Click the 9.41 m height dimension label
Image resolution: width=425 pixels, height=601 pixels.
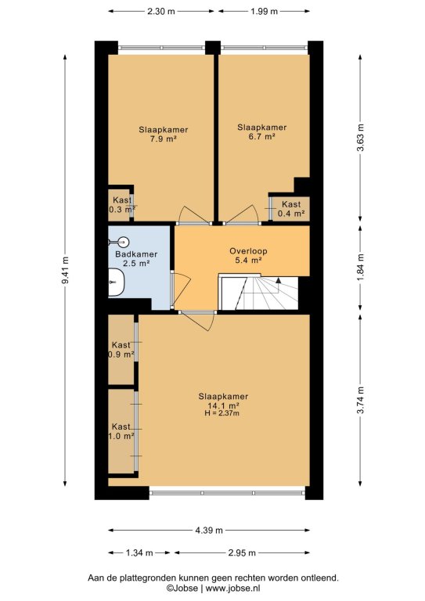click(x=66, y=271)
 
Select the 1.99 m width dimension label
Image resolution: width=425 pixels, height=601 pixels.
click(x=264, y=11)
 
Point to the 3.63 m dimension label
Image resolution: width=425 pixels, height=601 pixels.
click(x=361, y=138)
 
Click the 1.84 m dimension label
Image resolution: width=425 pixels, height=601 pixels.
click(x=361, y=267)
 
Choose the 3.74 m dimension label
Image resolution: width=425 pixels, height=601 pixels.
click(x=361, y=400)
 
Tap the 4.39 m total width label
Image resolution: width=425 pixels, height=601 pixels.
click(x=209, y=531)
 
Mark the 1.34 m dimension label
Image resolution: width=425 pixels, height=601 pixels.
click(x=139, y=552)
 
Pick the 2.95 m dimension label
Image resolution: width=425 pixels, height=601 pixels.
click(x=242, y=552)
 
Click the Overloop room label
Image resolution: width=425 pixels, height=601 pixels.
click(x=248, y=251)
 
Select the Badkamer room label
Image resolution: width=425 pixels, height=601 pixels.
click(x=136, y=254)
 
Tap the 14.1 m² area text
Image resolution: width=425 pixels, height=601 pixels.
click(x=223, y=405)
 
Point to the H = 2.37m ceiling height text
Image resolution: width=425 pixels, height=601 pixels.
click(x=222, y=413)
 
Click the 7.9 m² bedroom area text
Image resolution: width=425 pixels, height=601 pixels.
click(x=164, y=139)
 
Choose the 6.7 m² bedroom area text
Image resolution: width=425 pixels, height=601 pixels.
click(x=262, y=136)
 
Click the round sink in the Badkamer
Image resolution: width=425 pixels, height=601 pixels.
click(x=123, y=242)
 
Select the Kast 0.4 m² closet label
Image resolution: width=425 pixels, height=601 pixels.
click(x=291, y=209)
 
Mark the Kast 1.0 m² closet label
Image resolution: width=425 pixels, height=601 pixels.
click(x=121, y=431)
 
